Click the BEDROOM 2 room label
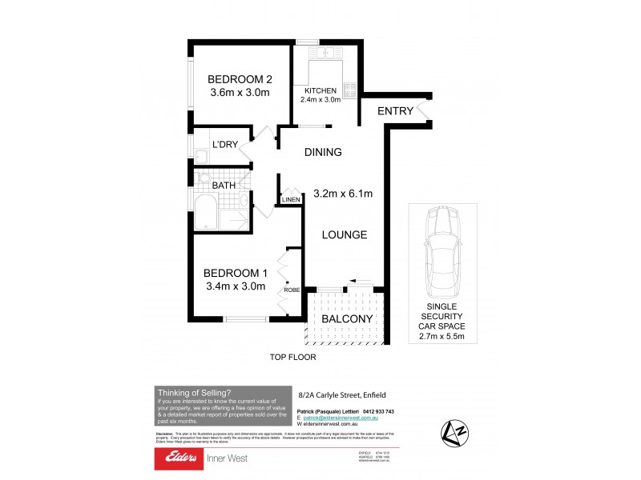(240, 79)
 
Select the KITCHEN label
(320, 91)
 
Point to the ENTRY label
(395, 110)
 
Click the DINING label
(322, 152)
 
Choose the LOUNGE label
(345, 235)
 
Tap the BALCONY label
(347, 319)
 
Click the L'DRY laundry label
(224, 145)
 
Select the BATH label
(224, 186)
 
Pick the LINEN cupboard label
(290, 199)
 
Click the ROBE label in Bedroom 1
(291, 290)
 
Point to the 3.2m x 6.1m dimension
(344, 193)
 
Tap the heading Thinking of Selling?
(195, 392)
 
